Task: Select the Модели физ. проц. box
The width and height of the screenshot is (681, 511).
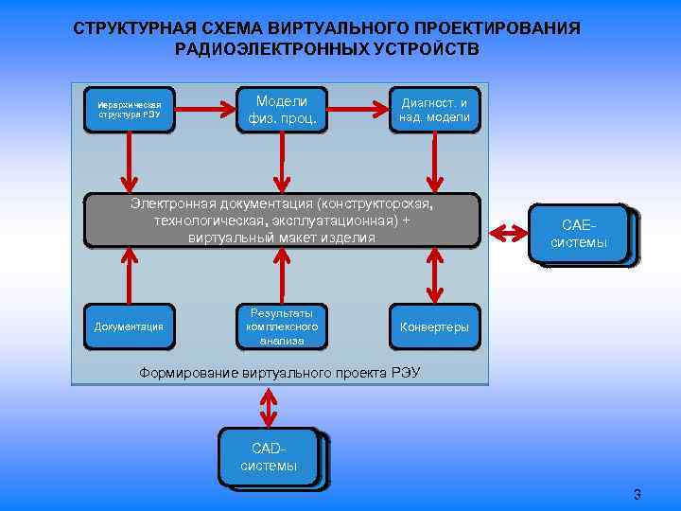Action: point(281,109)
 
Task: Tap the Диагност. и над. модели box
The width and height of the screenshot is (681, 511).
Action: point(435,109)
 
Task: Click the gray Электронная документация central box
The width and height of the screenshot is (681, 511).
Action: point(282,220)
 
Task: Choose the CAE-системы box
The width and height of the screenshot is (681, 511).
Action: point(580,234)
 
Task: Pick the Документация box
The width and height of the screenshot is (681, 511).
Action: point(129,326)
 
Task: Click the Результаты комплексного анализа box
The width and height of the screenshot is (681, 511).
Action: point(281,326)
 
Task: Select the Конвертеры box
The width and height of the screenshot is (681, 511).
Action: point(434,326)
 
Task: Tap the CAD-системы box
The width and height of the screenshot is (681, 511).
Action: point(270,458)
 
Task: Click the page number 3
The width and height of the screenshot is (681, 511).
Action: point(637,494)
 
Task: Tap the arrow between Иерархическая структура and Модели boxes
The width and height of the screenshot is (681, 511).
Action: point(204,109)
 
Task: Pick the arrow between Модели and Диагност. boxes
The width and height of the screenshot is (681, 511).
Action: point(358,109)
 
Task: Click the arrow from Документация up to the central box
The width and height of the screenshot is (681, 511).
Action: point(127,276)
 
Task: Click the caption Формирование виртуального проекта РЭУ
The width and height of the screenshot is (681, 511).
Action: point(280,373)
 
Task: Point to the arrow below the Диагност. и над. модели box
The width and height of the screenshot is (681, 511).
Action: point(434,162)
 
